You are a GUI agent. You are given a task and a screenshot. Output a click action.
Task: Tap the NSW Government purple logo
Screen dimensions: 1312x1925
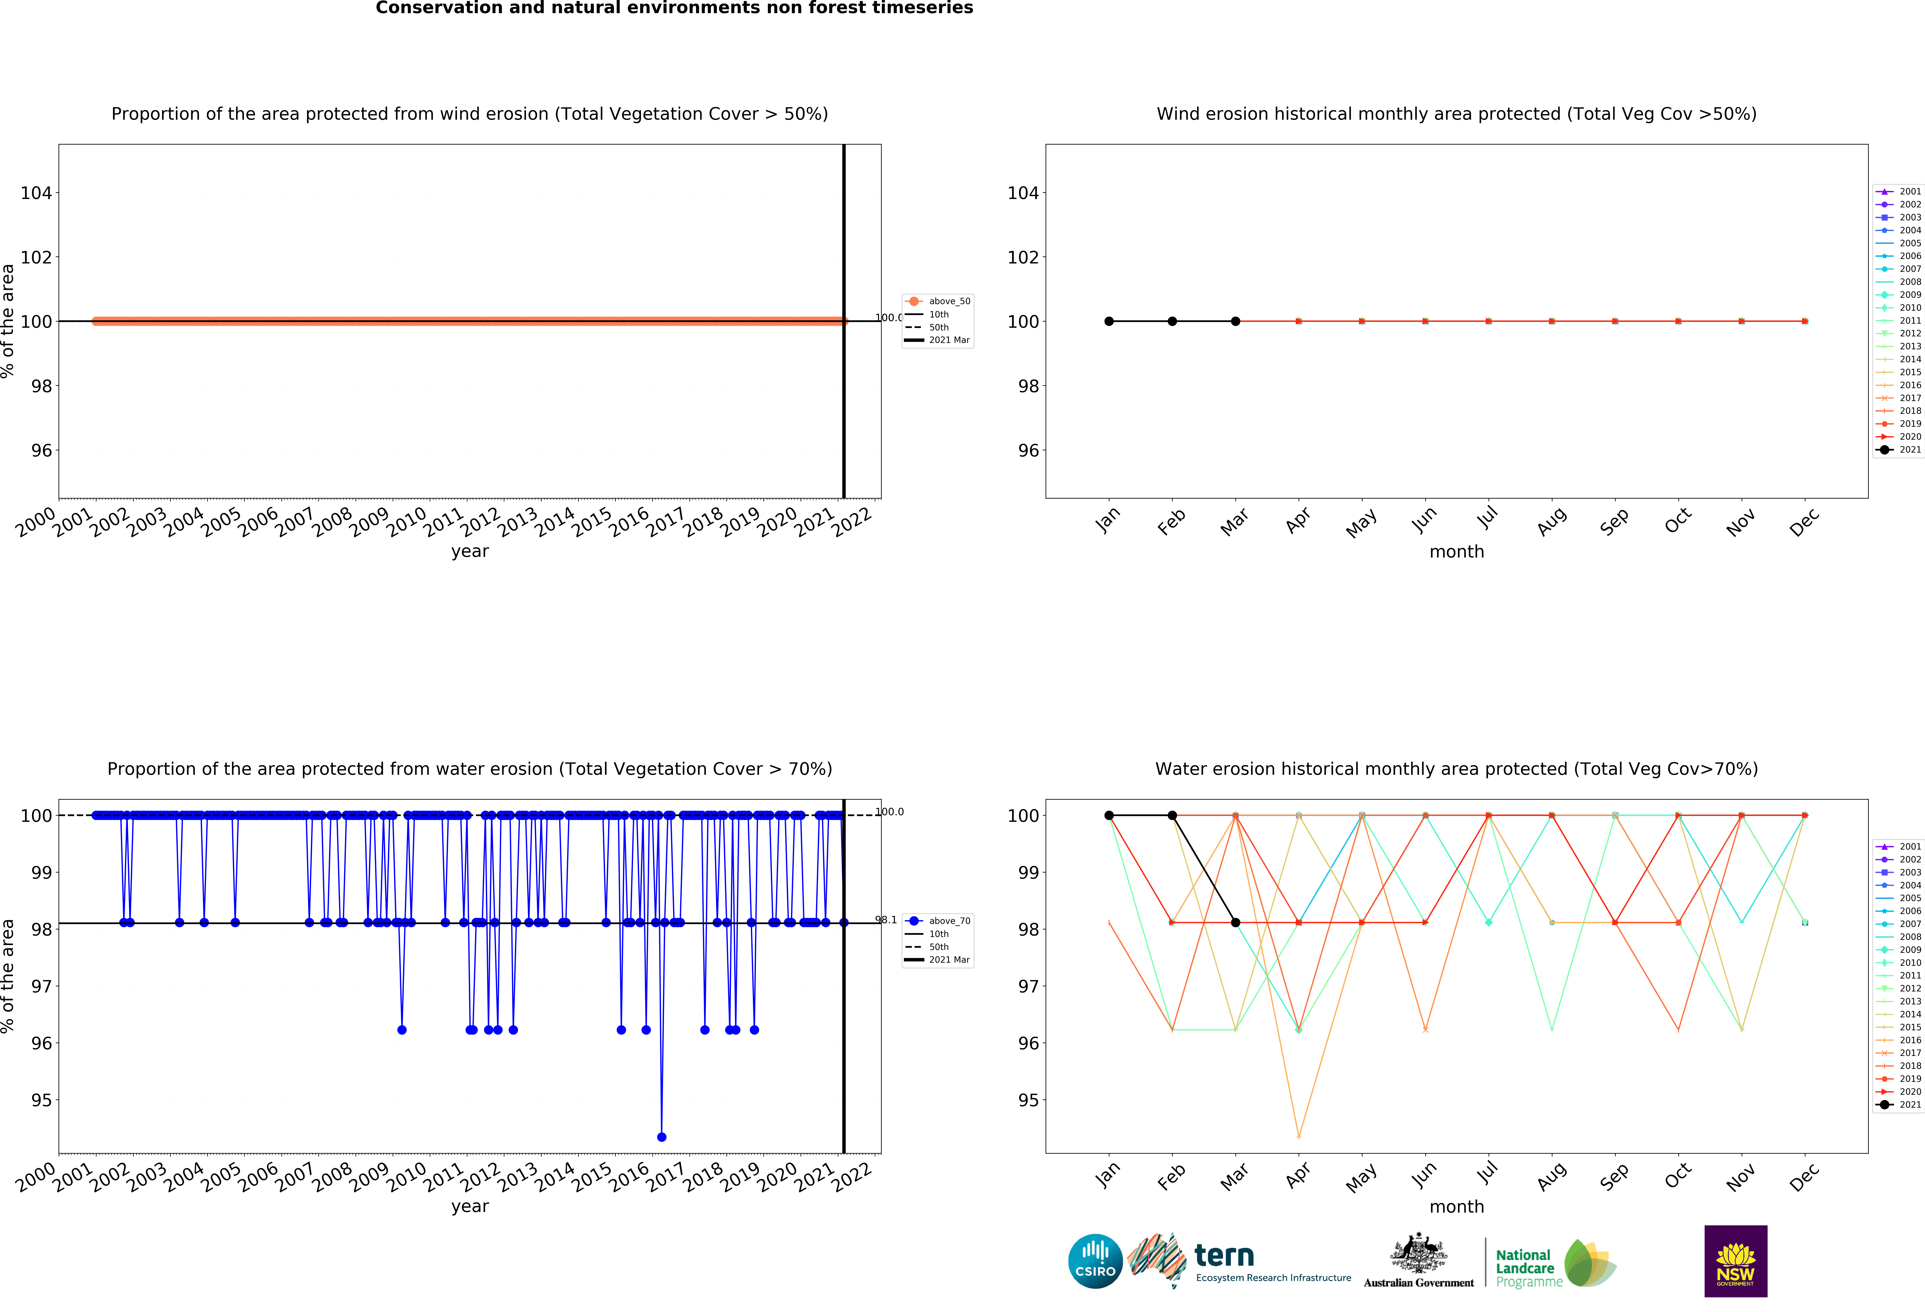(x=1735, y=1261)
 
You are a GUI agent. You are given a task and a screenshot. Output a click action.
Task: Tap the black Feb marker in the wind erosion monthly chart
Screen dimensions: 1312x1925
(x=1172, y=321)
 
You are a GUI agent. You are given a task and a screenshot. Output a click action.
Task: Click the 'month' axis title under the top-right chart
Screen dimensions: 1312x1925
(x=1456, y=552)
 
